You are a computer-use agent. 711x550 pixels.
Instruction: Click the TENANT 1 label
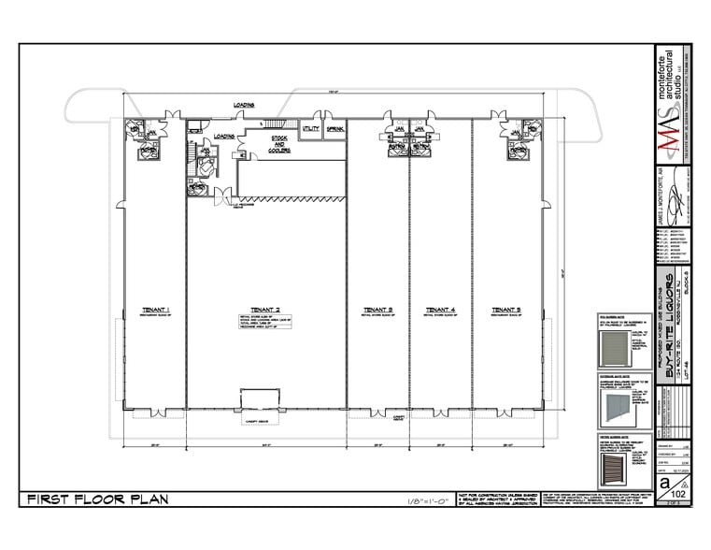point(154,309)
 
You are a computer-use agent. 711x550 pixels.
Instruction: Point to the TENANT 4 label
point(439,309)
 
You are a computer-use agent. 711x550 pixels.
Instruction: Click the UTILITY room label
point(310,128)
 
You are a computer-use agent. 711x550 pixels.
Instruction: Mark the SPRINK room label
point(335,128)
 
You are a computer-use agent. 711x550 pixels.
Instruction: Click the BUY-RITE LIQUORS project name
point(668,327)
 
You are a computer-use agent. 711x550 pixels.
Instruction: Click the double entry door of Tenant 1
point(155,411)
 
